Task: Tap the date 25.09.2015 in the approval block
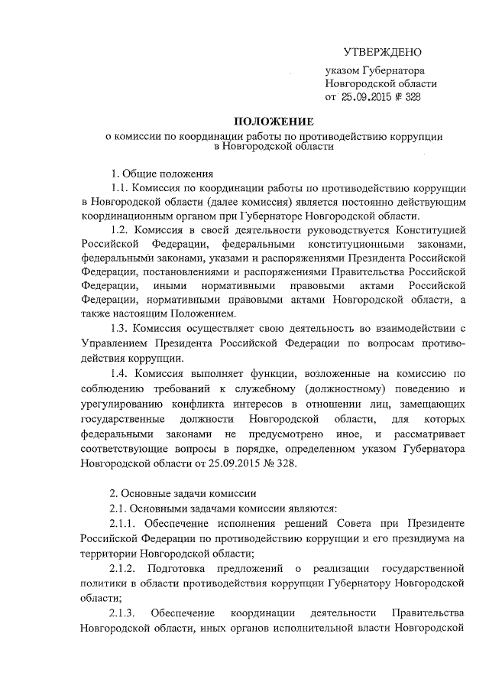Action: coord(369,98)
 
